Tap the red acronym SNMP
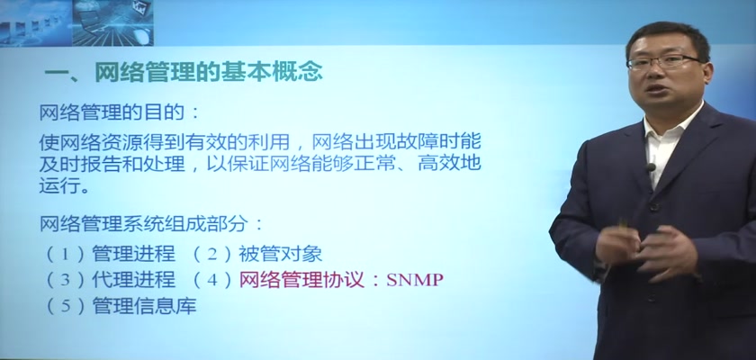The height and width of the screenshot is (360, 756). click(x=414, y=280)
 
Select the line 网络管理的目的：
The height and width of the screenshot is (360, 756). click(x=119, y=113)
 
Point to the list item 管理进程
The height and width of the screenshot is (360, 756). click(x=133, y=254)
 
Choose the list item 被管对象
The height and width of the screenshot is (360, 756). click(x=280, y=254)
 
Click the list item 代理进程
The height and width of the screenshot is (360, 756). click(x=133, y=280)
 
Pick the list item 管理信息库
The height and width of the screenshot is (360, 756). click(x=144, y=306)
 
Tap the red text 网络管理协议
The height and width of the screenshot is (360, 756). click(x=301, y=280)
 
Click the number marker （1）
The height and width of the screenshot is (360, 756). click(x=65, y=254)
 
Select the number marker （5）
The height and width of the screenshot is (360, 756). click(x=65, y=306)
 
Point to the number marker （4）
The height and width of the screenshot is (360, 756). click(x=212, y=280)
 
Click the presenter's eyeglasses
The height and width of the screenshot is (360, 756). click(x=663, y=62)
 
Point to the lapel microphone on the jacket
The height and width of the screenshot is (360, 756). click(x=651, y=167)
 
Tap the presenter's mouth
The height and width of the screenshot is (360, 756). click(x=661, y=90)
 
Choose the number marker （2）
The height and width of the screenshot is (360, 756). click(x=212, y=254)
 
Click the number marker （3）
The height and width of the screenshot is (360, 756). click(x=65, y=280)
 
